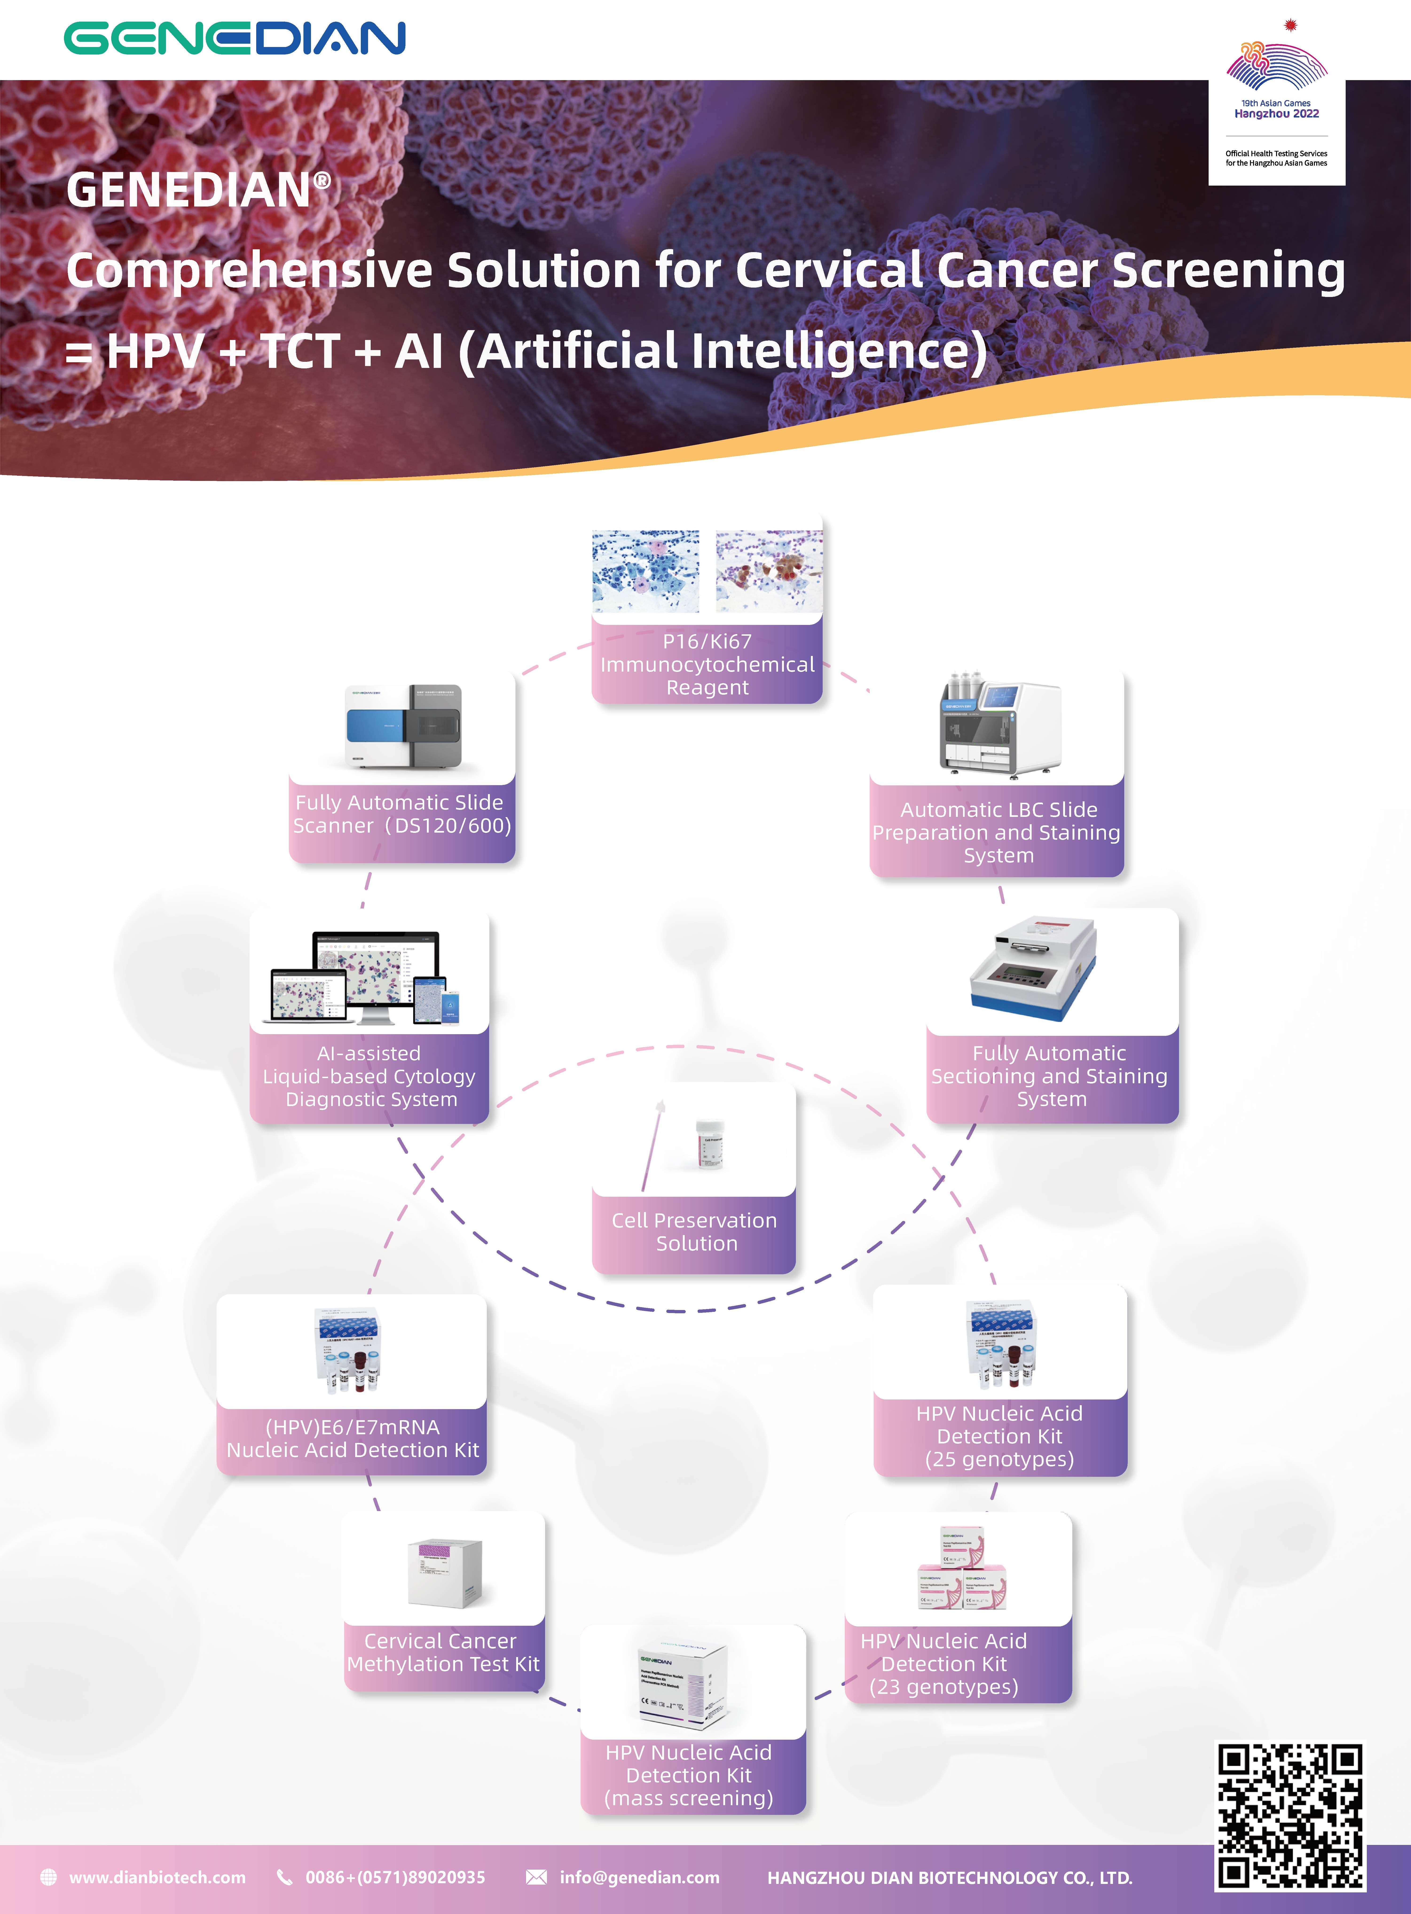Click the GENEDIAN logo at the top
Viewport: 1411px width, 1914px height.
(235, 39)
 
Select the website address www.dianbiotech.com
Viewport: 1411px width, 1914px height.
(157, 1877)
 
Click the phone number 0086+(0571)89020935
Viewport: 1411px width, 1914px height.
(395, 1877)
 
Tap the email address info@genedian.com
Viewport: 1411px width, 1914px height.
(639, 1877)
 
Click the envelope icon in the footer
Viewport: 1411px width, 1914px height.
(536, 1877)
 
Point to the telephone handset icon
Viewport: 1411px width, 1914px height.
(284, 1877)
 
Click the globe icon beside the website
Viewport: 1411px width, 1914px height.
(49, 1877)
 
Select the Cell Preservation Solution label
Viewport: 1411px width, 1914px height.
(694, 1232)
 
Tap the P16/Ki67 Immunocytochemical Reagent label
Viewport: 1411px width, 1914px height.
(707, 664)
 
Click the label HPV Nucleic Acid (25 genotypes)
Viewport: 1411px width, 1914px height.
(999, 1436)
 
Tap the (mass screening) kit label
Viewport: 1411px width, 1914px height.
(688, 1775)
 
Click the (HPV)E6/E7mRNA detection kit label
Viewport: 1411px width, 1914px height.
(352, 1438)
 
